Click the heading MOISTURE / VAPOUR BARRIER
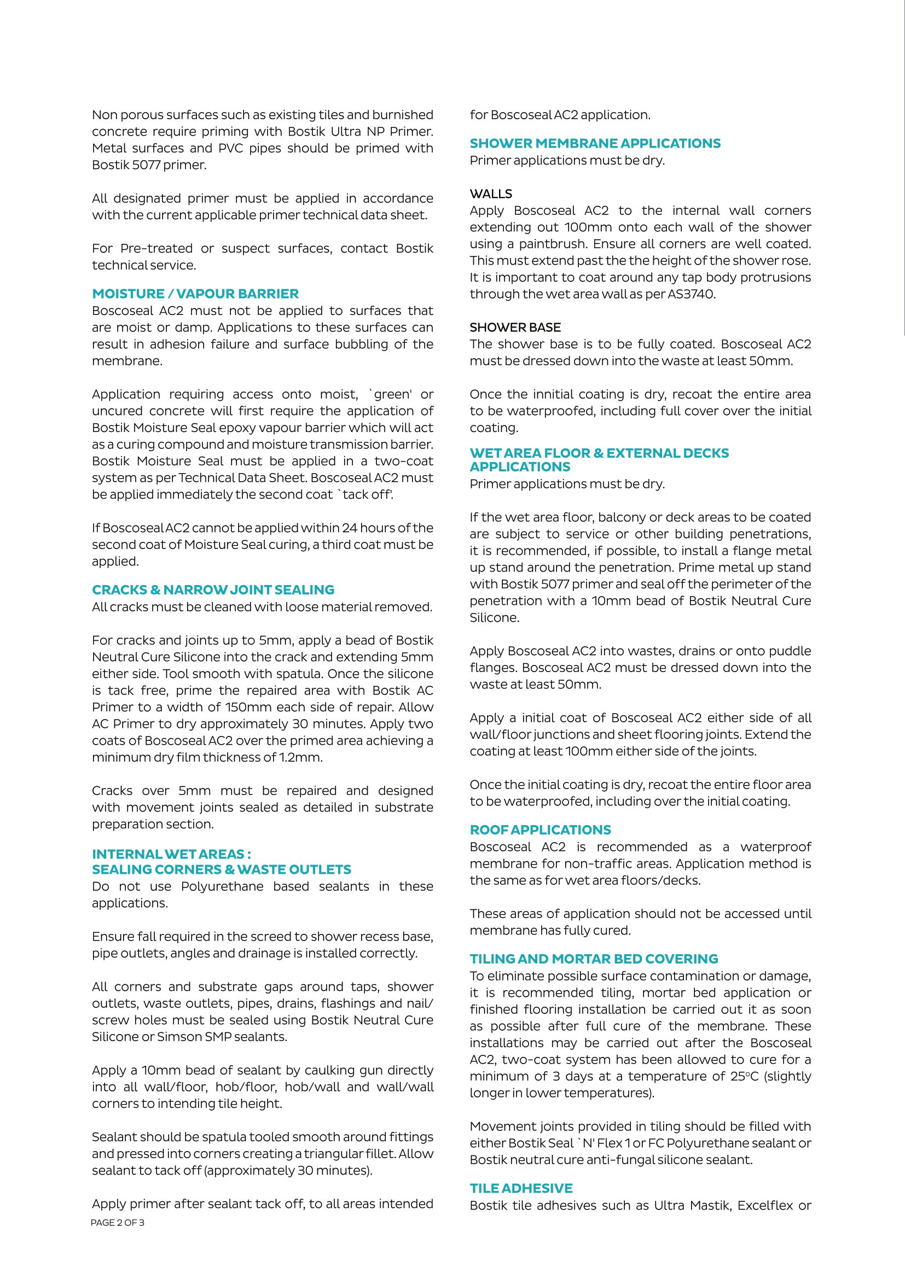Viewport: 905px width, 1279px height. point(195,294)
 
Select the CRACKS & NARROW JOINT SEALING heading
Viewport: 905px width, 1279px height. point(213,589)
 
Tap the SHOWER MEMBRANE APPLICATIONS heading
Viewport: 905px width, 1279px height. point(595,143)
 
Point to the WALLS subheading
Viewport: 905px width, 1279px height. point(490,194)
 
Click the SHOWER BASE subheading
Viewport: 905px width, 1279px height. point(515,328)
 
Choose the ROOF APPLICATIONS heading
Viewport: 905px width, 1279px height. point(540,830)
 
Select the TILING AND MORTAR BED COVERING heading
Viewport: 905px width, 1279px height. point(594,959)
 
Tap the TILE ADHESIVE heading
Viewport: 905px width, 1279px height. point(520,1188)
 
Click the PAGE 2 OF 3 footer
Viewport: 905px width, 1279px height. point(118,1223)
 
